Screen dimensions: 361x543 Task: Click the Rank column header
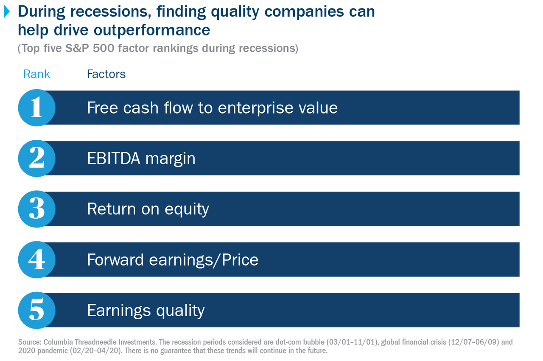coord(36,74)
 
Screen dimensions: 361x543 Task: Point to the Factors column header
coord(106,74)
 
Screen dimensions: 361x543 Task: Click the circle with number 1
coord(36,108)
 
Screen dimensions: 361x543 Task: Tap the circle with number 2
coord(36,158)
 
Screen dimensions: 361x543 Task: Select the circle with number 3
coord(36,209)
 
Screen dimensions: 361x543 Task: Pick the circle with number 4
coord(36,259)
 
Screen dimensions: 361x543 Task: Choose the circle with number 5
coord(36,310)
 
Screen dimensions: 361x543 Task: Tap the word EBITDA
coord(113,158)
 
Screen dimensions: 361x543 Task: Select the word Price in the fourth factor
coord(240,259)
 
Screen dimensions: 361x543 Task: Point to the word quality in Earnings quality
coord(180,311)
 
